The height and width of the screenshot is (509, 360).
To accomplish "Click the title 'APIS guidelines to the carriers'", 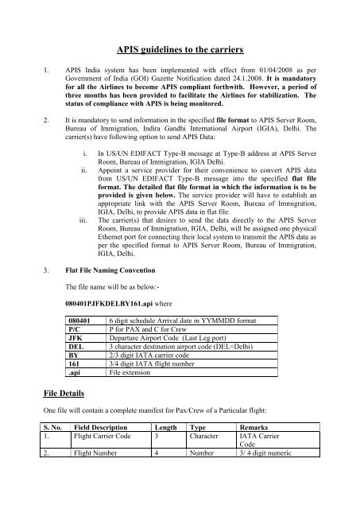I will click(x=180, y=48).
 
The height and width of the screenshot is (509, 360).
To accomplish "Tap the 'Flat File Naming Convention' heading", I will click(x=116, y=270).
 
